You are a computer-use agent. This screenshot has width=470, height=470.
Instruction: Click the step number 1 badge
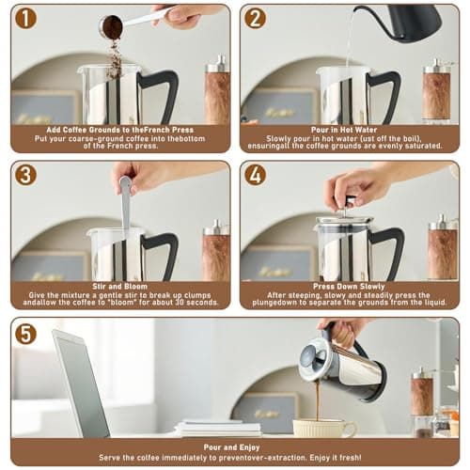point(25,18)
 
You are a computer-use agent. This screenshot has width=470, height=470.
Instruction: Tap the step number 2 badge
point(256,18)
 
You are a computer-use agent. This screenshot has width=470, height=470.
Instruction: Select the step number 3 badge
point(25,175)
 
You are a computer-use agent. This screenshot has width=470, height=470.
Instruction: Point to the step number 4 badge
point(256,175)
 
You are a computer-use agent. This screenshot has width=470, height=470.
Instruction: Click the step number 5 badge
point(25,334)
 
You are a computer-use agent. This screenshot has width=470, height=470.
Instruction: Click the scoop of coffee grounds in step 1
point(111,26)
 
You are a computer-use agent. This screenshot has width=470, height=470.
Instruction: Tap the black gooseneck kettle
point(407,22)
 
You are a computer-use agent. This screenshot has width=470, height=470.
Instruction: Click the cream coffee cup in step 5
point(324,428)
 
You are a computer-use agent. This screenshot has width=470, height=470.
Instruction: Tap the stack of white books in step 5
point(218,428)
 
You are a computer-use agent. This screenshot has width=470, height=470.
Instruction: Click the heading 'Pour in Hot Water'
point(344,130)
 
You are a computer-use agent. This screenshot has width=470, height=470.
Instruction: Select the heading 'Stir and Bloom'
point(119,287)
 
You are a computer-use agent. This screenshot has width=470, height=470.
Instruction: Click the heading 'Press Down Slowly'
point(349,287)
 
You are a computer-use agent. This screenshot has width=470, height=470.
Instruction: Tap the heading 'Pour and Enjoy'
point(231,447)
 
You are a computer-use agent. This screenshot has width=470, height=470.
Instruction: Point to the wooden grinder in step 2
point(437,91)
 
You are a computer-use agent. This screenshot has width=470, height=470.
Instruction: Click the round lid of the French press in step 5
point(312,358)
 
